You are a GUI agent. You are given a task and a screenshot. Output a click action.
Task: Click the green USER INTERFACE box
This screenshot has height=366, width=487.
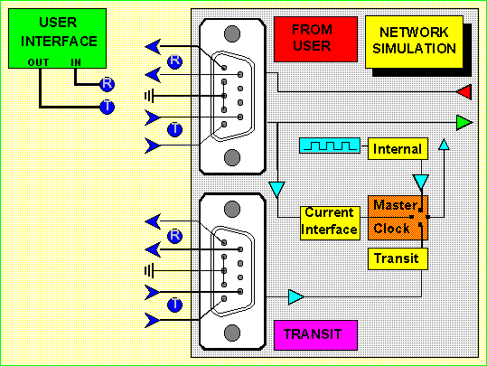click(58, 39)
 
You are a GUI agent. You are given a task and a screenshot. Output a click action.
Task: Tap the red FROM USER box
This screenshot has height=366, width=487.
click(315, 40)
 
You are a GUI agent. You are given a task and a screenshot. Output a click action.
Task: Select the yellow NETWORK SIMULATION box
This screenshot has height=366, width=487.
click(414, 42)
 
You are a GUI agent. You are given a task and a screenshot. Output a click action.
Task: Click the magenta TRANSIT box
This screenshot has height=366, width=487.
click(315, 335)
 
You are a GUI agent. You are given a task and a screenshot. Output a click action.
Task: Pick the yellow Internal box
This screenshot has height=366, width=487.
click(398, 149)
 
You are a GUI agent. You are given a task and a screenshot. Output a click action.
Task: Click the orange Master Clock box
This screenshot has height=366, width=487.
click(398, 218)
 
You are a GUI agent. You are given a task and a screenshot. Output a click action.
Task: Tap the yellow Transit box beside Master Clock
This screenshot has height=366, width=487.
click(398, 258)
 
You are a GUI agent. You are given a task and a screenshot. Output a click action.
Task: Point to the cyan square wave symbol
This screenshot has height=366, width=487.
click(330, 145)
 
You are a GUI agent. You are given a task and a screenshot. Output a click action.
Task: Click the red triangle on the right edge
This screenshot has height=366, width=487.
click(465, 92)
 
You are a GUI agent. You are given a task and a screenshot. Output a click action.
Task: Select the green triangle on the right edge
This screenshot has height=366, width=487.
click(464, 122)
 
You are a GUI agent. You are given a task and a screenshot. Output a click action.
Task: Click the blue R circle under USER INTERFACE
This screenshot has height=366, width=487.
click(108, 84)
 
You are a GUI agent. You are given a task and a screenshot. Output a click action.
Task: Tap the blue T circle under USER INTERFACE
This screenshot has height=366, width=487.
click(108, 108)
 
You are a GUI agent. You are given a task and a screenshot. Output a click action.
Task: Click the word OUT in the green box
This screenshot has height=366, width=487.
click(38, 62)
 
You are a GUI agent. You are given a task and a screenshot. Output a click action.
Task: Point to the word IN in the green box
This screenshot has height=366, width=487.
click(76, 62)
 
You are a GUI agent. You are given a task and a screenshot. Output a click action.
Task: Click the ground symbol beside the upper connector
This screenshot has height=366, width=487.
click(149, 96)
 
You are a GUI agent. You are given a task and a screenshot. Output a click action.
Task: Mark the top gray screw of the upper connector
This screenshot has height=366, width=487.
click(232, 33)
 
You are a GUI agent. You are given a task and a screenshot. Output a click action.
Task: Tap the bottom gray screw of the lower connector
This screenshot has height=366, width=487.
click(232, 333)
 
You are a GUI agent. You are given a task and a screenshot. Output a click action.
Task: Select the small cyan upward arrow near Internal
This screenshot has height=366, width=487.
click(444, 145)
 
